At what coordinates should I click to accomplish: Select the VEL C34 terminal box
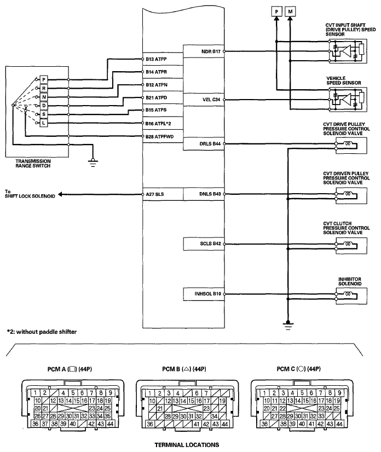204,100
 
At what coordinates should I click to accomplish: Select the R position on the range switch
44,88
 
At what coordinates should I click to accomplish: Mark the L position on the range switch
44,123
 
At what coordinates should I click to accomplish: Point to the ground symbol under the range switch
93,160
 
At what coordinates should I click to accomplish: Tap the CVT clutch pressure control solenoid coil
346,244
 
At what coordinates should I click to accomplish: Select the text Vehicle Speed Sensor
343,80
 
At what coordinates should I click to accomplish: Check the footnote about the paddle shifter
42,332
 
